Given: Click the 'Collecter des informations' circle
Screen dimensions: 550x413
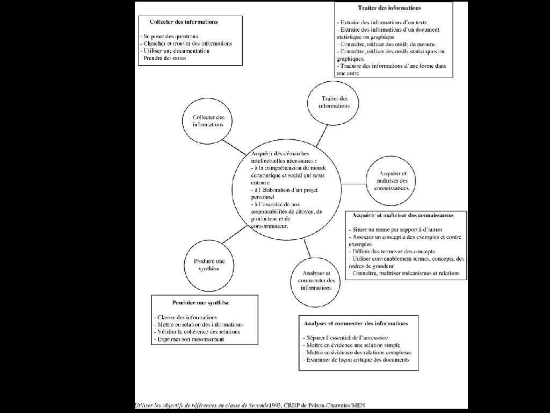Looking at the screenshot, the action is pyautogui.click(x=208, y=120).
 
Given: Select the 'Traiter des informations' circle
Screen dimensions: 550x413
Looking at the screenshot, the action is pyautogui.click(x=334, y=102).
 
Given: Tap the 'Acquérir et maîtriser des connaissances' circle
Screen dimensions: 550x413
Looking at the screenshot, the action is pyautogui.click(x=392, y=181).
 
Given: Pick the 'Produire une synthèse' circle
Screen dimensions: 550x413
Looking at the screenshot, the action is pyautogui.click(x=207, y=265).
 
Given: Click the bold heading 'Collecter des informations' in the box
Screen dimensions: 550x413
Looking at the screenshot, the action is pyautogui.click(x=184, y=22).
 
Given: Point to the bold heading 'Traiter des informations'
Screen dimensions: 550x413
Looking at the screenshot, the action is pyautogui.click(x=389, y=8).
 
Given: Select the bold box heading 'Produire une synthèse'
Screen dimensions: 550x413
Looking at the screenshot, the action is pyautogui.click(x=200, y=303).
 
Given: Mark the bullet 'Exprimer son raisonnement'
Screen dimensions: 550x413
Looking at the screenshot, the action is pyautogui.click(x=189, y=339).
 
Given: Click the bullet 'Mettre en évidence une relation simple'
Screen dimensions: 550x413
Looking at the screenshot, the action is pyautogui.click(x=352, y=345).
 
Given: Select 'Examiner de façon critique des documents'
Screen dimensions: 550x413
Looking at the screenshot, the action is pyautogui.click(x=356, y=359).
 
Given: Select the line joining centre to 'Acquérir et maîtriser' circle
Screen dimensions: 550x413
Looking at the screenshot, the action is pyautogui.click(x=353, y=184).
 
